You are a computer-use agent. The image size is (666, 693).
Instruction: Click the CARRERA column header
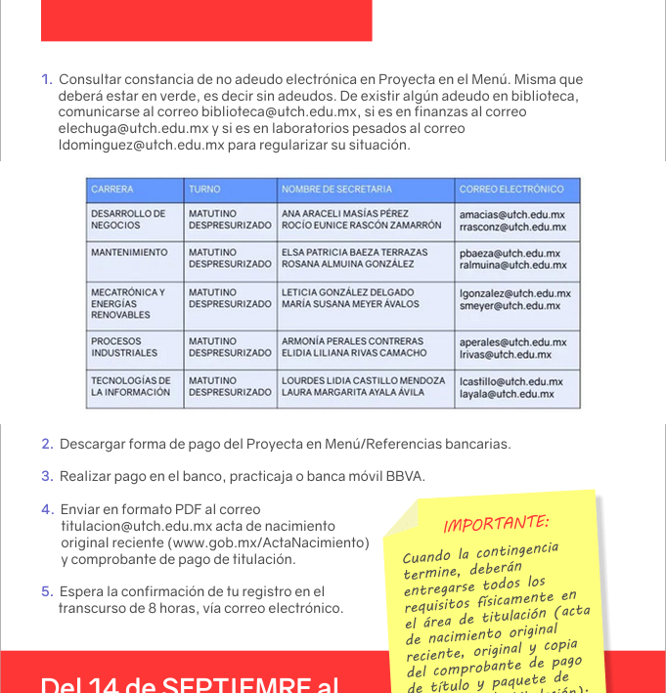pos(112,189)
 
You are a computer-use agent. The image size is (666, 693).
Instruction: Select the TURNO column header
pos(204,189)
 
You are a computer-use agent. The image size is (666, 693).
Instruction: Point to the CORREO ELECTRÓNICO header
pos(511,189)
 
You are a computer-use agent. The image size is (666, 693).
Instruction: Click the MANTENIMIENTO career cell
pos(129,252)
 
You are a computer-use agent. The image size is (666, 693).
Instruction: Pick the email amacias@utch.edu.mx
pos(511,214)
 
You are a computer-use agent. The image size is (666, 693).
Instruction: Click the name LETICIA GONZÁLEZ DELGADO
pos(348,292)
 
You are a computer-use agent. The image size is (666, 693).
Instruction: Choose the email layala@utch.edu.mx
pos(507,394)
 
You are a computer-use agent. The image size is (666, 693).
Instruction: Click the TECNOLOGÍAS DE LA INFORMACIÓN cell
pos(130,386)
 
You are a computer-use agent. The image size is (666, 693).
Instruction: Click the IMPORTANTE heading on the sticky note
pos(496,523)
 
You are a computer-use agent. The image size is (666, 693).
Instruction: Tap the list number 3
pos(47,476)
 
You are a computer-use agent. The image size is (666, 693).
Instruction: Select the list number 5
pos(47,591)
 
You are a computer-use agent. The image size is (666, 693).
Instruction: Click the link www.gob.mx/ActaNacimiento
pos(268,542)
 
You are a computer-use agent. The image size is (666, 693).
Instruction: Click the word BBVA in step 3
pos(403,476)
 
